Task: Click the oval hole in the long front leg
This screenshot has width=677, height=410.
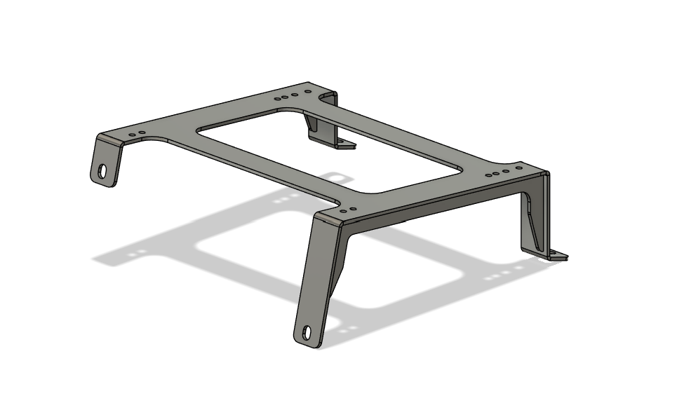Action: [x=307, y=332]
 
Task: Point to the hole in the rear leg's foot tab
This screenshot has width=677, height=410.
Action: [x=342, y=144]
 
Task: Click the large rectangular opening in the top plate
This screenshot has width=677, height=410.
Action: [x=330, y=150]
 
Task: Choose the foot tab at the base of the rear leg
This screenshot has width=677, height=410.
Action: [x=337, y=143]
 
